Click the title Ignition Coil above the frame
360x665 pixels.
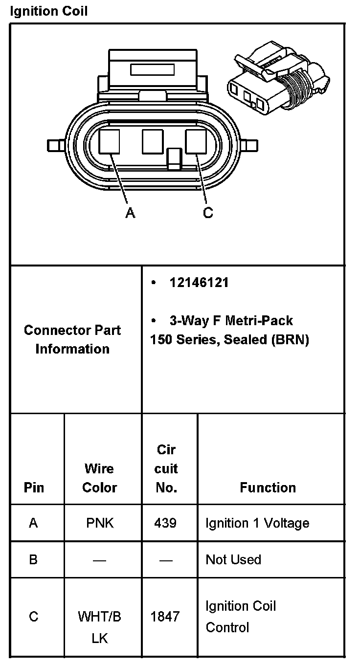pyautogui.click(x=49, y=11)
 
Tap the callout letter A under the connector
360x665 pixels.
pyautogui.click(x=130, y=213)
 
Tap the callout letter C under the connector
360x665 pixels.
pyautogui.click(x=208, y=213)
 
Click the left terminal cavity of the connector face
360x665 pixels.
pyautogui.click(x=109, y=141)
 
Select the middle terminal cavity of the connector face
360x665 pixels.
pyautogui.click(x=152, y=141)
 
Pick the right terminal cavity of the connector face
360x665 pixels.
pyautogui.click(x=196, y=141)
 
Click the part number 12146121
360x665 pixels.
pyautogui.click(x=199, y=283)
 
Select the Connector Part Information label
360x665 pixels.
pyautogui.click(x=72, y=339)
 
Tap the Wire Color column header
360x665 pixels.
pyautogui.click(x=100, y=478)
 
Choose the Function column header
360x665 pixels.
pyautogui.click(x=268, y=488)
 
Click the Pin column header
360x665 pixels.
pyautogui.click(x=34, y=488)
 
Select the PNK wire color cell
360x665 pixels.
pyautogui.click(x=100, y=523)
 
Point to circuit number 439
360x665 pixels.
pyautogui.click(x=165, y=523)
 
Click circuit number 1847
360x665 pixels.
pyautogui.click(x=165, y=617)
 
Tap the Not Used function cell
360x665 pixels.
pyautogui.click(x=233, y=559)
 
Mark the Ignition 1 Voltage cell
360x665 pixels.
pyautogui.click(x=257, y=523)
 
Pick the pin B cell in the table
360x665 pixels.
pyautogui.click(x=33, y=559)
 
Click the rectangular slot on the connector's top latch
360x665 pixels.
pyautogui.click(x=152, y=69)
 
